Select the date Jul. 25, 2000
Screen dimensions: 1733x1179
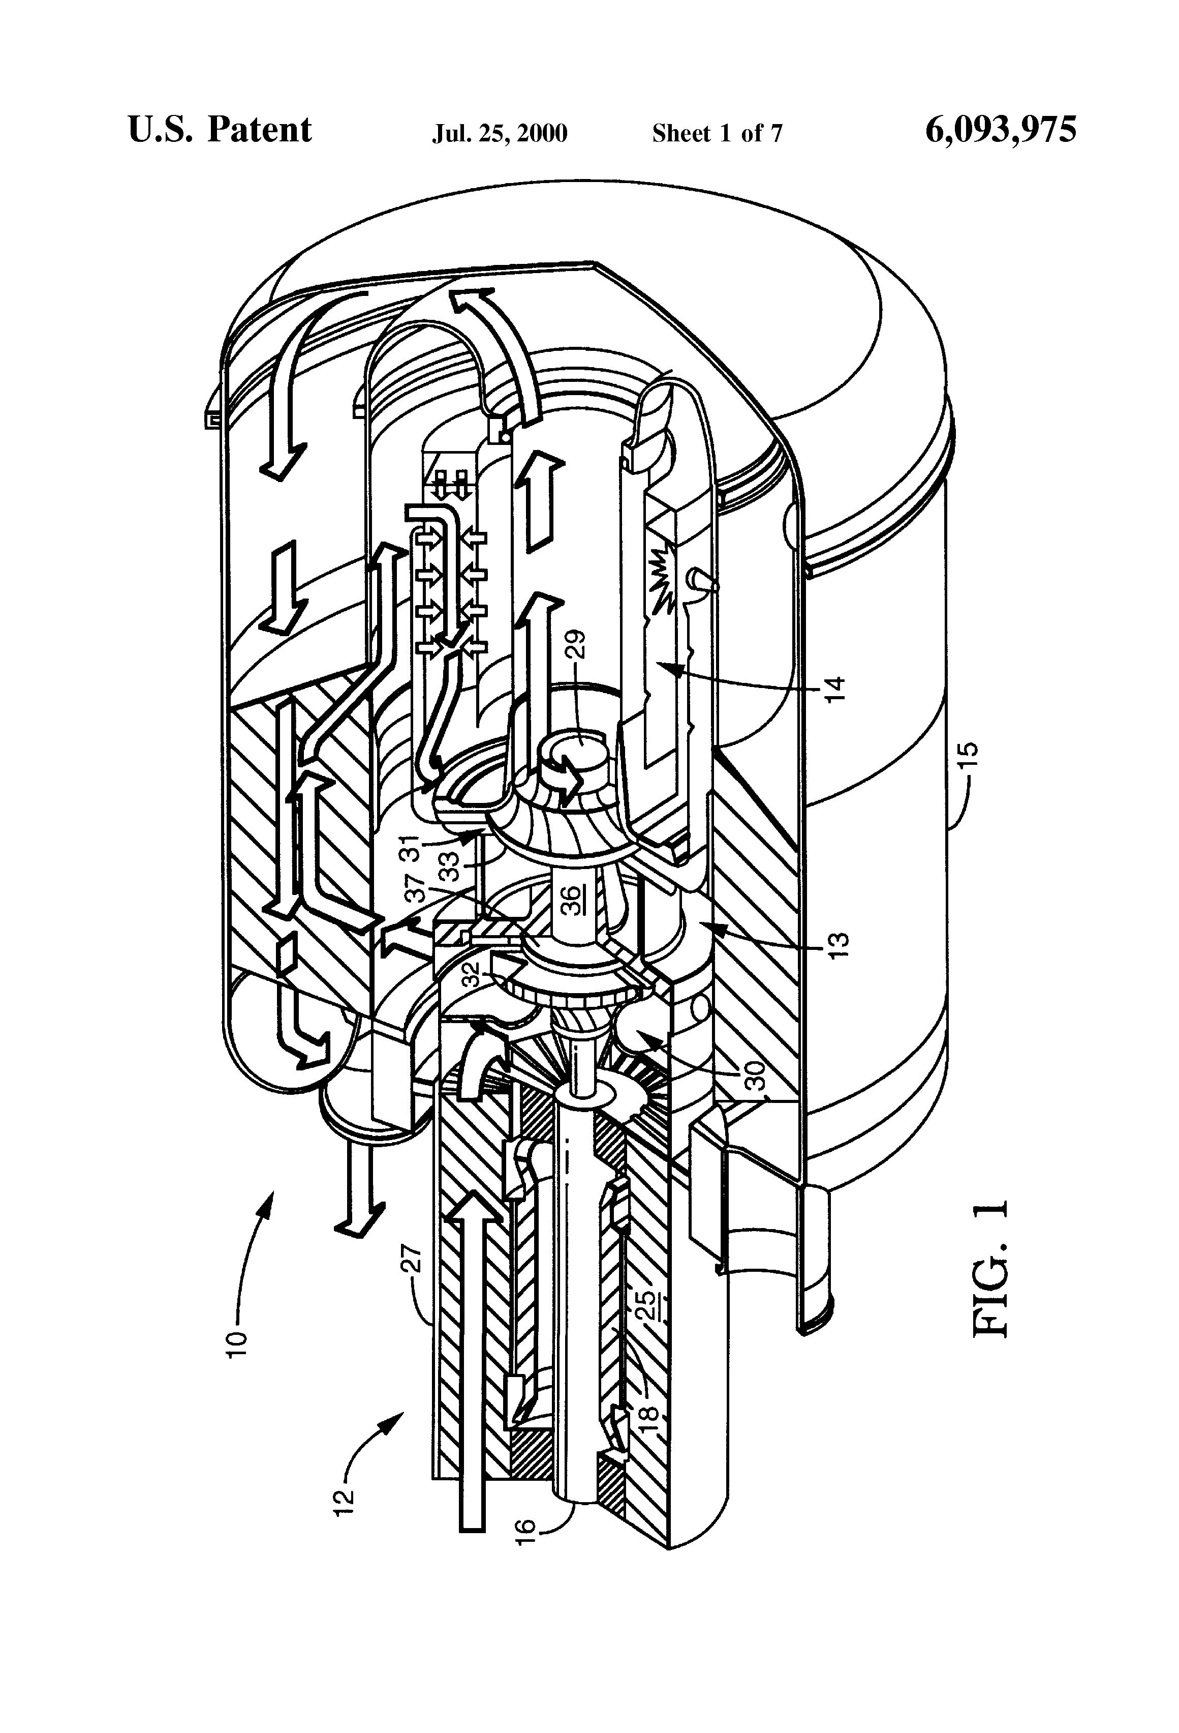coord(500,133)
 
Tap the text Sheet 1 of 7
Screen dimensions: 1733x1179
coord(717,133)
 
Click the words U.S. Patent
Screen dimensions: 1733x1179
coord(220,130)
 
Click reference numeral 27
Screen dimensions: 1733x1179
coord(416,1258)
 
